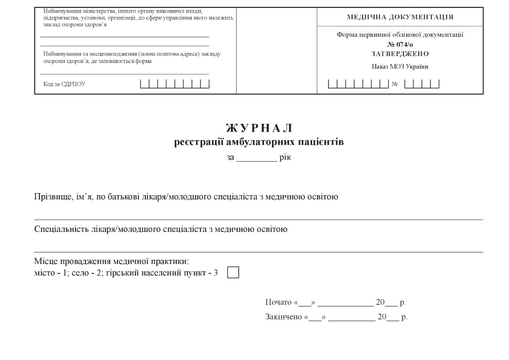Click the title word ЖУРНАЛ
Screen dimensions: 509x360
pos(259,129)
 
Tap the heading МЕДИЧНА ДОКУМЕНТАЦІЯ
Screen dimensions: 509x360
pos(400,17)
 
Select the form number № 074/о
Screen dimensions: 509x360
pos(400,45)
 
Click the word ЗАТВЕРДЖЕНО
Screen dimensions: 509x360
pos(400,54)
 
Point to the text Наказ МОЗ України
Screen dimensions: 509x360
pos(400,66)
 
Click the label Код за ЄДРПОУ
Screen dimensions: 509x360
pos(64,84)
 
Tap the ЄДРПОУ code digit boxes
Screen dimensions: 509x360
pos(175,83)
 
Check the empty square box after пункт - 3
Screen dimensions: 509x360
pos(233,273)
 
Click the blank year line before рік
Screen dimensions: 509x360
pos(256,158)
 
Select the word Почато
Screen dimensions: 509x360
pos(279,303)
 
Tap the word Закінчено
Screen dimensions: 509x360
pos(283,317)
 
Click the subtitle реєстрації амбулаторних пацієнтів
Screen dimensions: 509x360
pos(259,142)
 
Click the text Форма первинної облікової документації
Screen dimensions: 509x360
pos(400,35)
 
